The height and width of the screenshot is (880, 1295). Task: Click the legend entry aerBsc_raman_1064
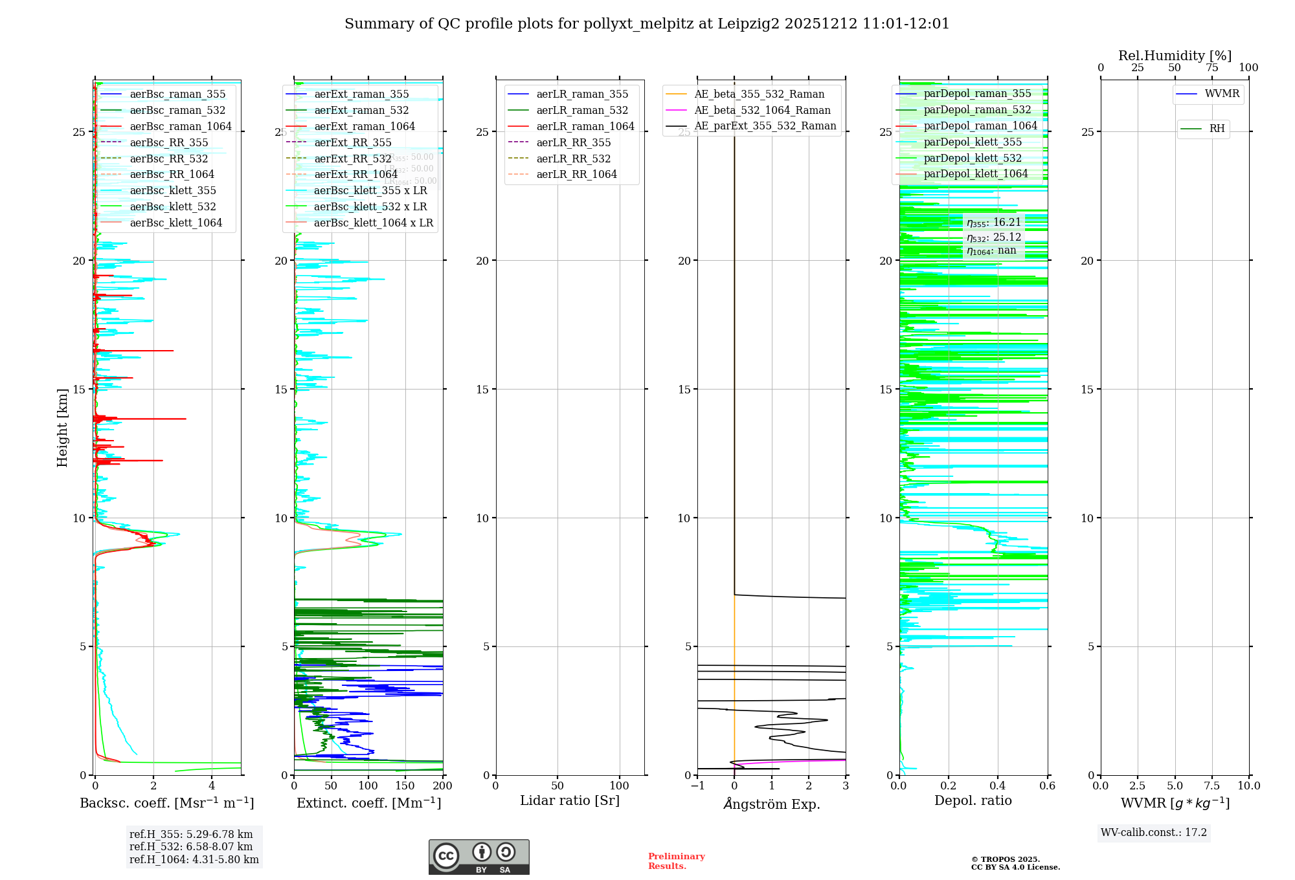(180, 126)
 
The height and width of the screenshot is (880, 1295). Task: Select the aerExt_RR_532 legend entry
(352, 159)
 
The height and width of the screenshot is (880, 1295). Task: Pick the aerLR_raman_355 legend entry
(581, 94)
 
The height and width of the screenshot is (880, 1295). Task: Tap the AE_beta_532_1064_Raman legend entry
(761, 110)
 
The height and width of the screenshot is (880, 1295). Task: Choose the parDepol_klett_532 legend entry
(972, 158)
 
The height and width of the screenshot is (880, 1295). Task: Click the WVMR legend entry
(1221, 94)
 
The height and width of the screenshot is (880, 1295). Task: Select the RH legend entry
(1216, 129)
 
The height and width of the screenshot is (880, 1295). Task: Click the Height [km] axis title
(62, 427)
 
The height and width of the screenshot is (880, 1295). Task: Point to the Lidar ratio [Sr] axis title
(569, 800)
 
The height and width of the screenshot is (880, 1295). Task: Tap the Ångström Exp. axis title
(771, 804)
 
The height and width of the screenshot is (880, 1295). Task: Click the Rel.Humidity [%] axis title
(1175, 56)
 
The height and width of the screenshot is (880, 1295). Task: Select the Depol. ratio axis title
(973, 800)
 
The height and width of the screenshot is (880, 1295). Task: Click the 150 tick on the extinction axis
(405, 786)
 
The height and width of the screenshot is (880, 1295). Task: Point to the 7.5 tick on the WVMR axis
(1212, 786)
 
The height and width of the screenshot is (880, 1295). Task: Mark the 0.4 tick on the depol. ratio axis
(998, 786)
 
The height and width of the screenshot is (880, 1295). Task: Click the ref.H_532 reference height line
(191, 847)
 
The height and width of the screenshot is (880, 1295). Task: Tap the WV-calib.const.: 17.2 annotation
(1154, 833)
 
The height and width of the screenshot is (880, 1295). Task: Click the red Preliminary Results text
(676, 861)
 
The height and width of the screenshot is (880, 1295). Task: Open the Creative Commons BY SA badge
(479, 857)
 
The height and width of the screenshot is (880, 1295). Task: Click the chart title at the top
(647, 24)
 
